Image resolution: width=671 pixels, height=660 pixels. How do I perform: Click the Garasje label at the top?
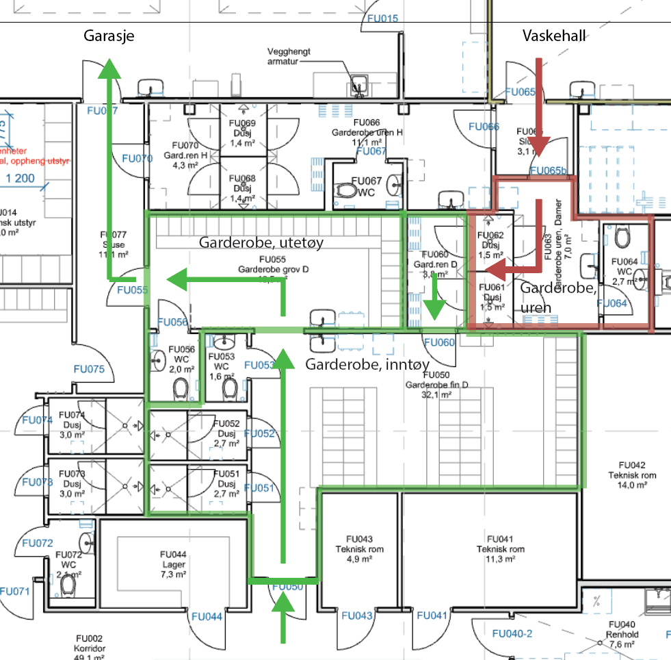pyautogui.click(x=109, y=37)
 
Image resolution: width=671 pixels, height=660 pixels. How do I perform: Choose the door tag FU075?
pyautogui.click(x=89, y=370)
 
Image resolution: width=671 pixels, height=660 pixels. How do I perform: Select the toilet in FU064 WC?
pyautogui.click(x=622, y=237)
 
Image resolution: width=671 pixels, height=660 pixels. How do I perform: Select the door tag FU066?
pyautogui.click(x=484, y=127)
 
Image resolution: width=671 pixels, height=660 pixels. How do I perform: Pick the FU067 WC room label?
pyautogui.click(x=366, y=186)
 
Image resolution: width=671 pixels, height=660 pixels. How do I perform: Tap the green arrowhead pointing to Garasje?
pyautogui.click(x=109, y=69)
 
